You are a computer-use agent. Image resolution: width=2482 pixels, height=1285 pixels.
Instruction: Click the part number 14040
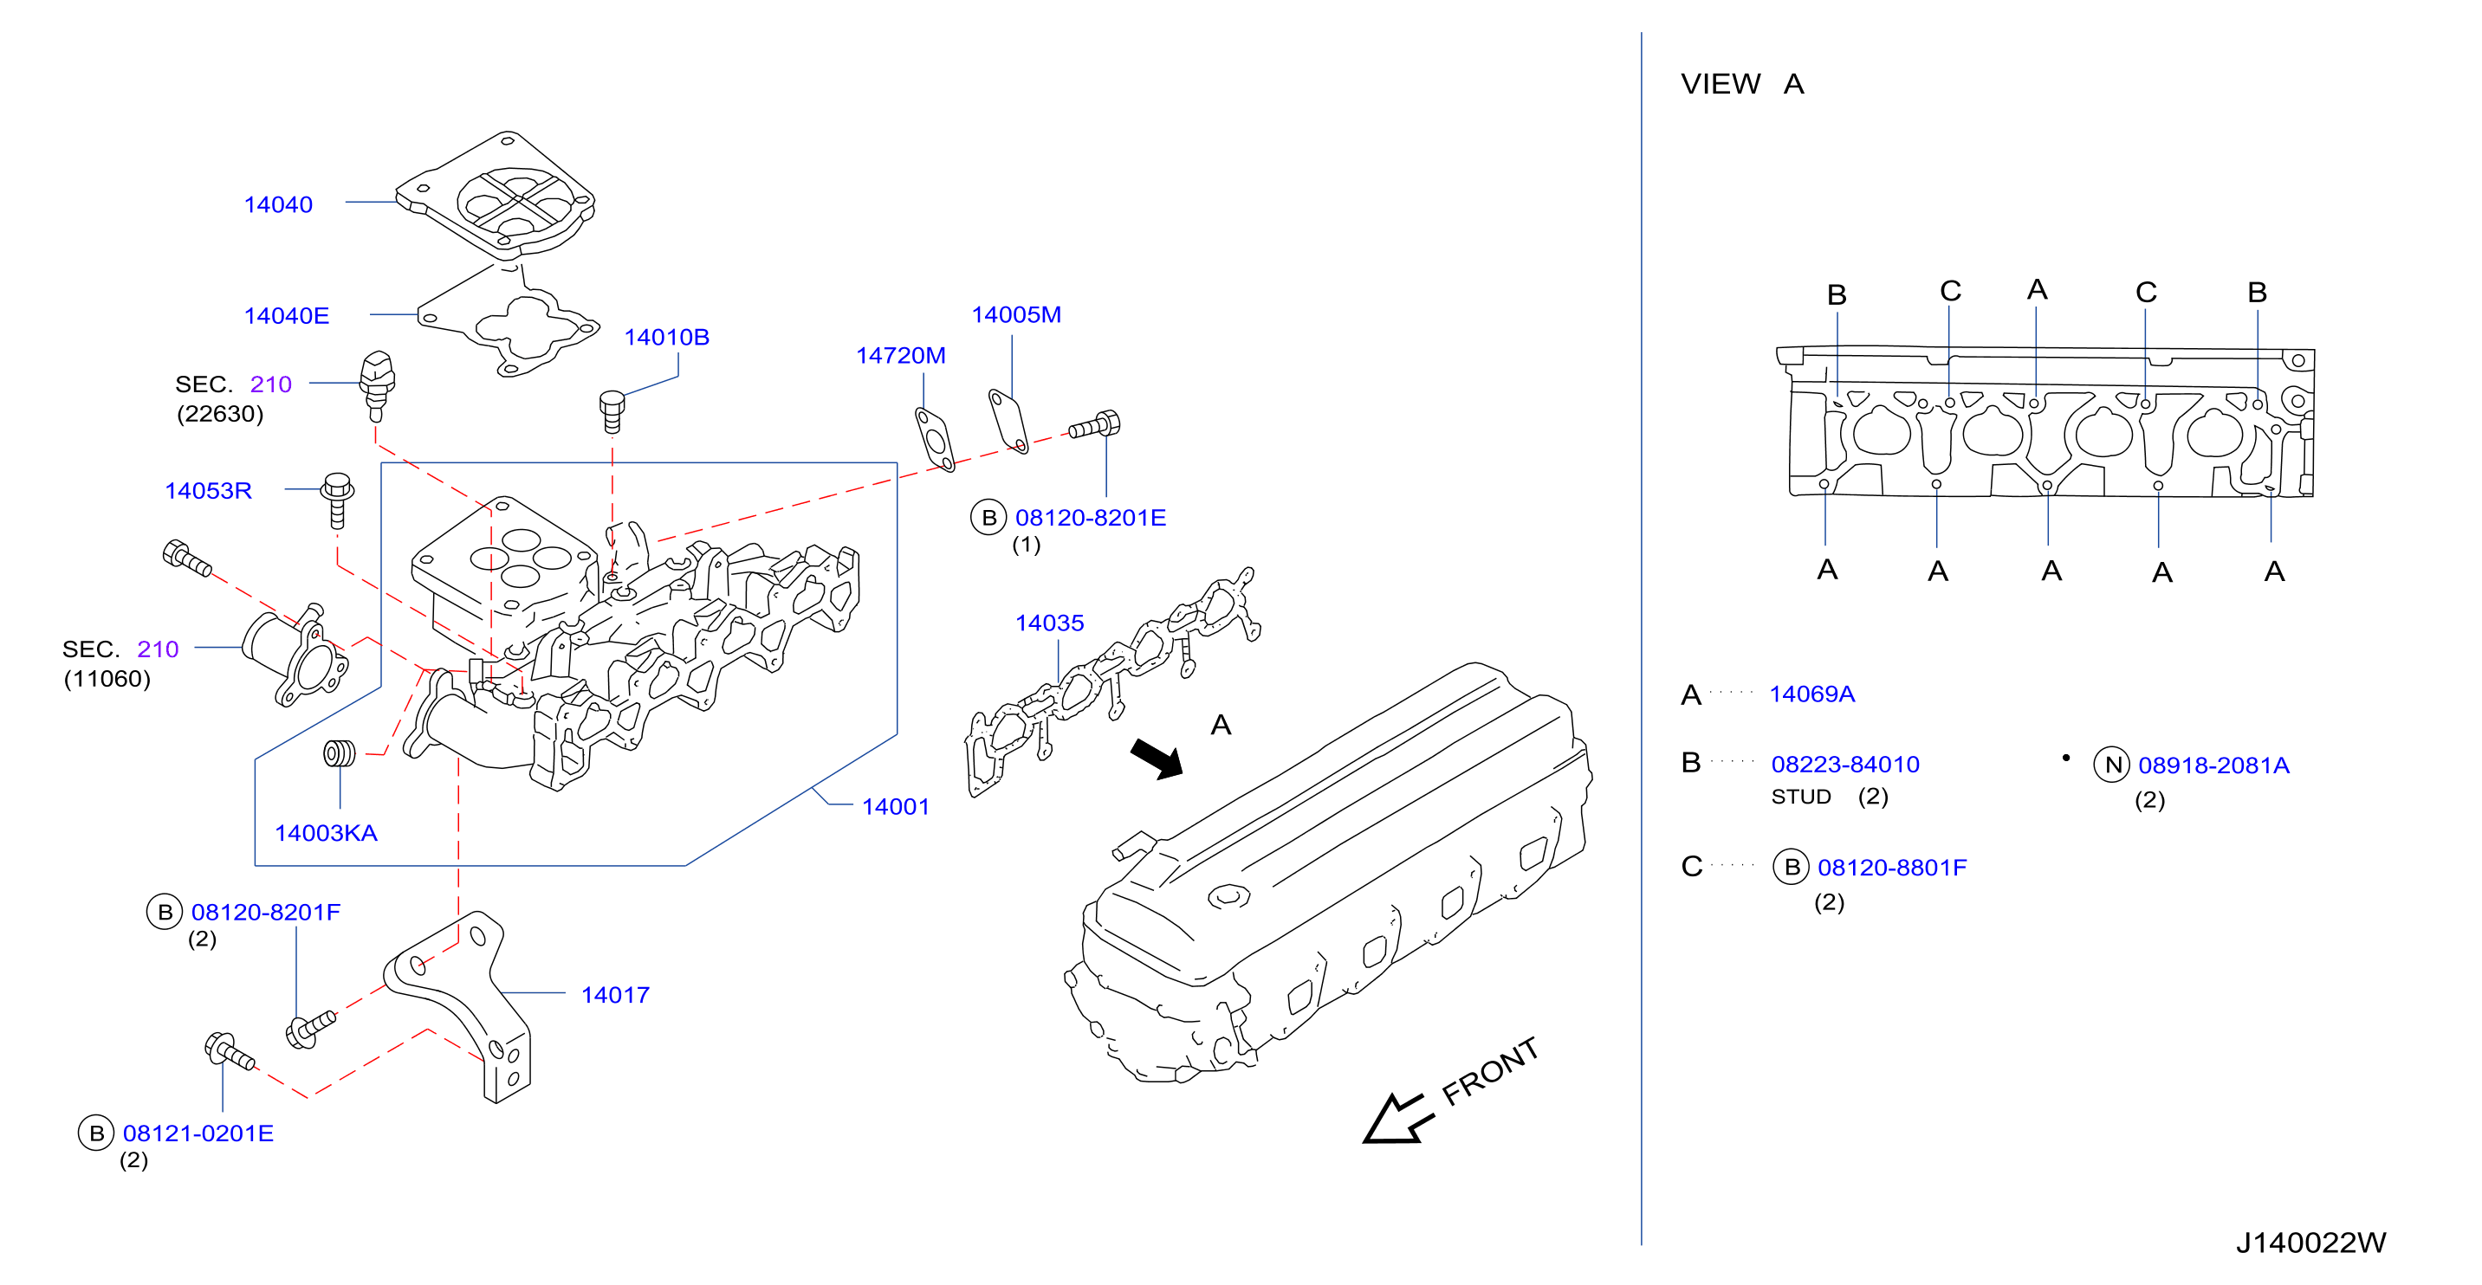(278, 204)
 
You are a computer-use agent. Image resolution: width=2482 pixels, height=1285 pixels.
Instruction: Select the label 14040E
(286, 315)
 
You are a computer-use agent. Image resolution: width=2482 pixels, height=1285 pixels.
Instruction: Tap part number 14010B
(667, 337)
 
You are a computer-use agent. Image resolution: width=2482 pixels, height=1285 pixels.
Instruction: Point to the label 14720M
(901, 355)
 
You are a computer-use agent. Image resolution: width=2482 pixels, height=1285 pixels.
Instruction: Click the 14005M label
(1016, 315)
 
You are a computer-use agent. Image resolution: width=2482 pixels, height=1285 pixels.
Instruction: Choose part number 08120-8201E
(1091, 517)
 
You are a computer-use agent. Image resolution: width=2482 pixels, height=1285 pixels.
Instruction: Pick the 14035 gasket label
(1049, 623)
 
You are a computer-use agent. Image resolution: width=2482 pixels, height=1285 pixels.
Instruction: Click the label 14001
(895, 806)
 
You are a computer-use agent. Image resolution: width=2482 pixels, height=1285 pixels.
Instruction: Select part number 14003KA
(326, 833)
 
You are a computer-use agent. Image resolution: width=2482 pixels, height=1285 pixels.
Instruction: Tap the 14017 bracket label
(616, 995)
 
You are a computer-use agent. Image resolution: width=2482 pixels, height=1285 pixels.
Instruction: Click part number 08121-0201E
(198, 1133)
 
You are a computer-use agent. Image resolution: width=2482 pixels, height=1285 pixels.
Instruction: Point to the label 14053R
(208, 490)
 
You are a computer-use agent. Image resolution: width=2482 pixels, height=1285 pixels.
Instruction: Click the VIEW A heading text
(1742, 84)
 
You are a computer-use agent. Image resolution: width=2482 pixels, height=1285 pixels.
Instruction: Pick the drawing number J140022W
(2310, 1243)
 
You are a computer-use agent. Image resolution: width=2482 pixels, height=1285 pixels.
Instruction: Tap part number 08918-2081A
(2214, 765)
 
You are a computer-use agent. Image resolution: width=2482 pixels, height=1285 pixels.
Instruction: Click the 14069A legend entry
(1811, 694)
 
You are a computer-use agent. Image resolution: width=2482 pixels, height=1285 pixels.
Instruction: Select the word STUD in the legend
(1801, 797)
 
